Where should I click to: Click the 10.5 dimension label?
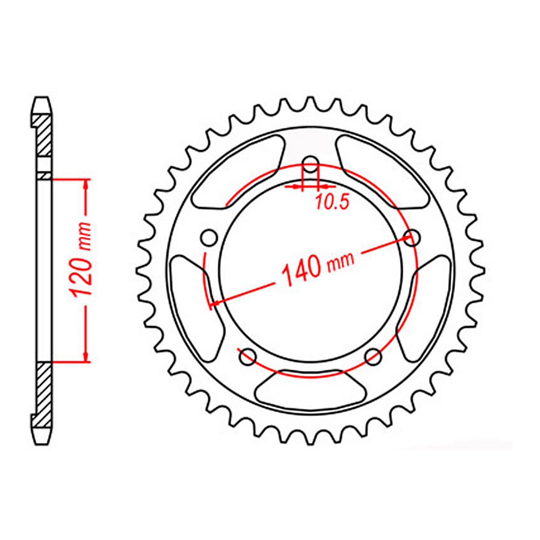[x=332, y=202]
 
